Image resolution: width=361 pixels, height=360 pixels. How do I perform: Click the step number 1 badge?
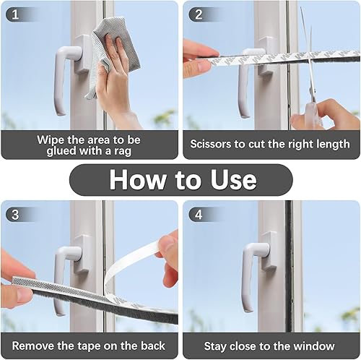(x=15, y=14)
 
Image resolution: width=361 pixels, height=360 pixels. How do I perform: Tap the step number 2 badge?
(x=199, y=14)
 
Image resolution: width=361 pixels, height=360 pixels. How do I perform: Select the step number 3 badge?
(x=15, y=214)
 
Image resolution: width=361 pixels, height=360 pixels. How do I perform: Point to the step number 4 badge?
(x=199, y=214)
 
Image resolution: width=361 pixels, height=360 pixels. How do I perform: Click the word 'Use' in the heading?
(x=233, y=179)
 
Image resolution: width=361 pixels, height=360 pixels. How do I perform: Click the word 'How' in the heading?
(x=138, y=179)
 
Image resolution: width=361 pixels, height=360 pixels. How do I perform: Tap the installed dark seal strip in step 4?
(x=289, y=266)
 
